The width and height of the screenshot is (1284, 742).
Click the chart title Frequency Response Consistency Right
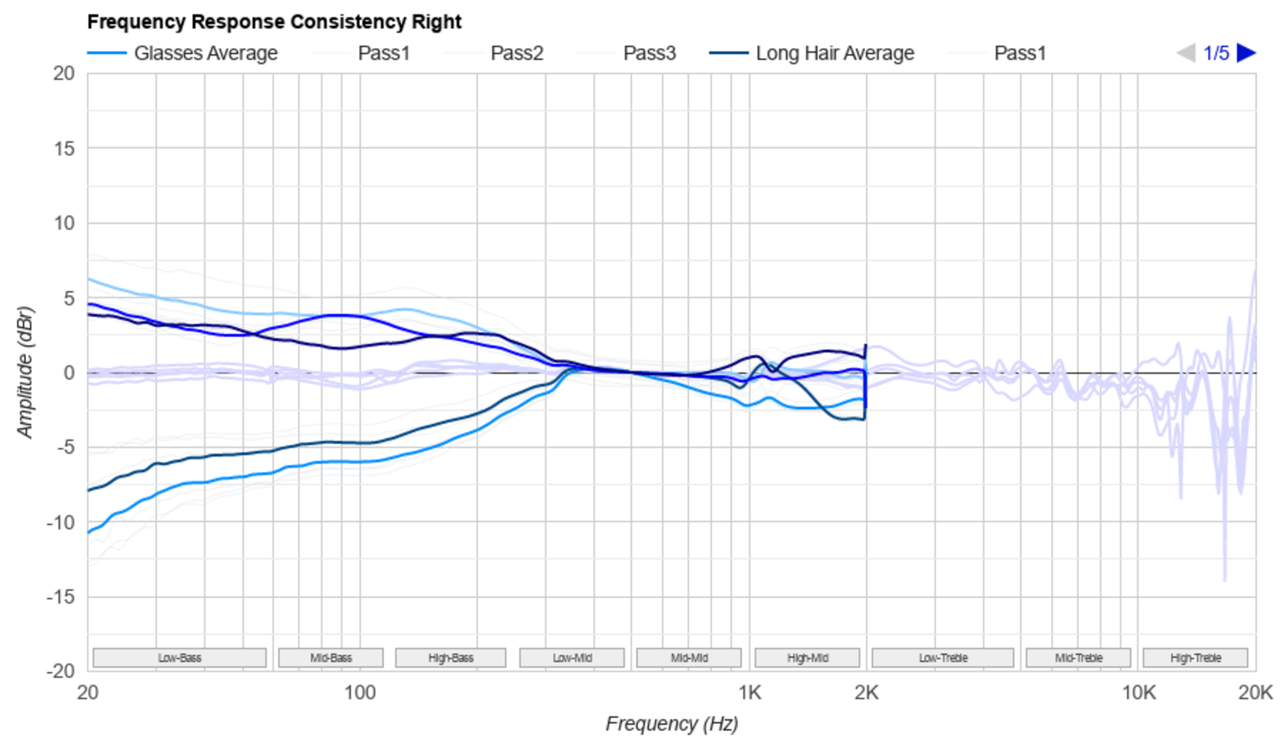click(274, 22)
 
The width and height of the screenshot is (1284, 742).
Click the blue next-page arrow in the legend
click(1246, 53)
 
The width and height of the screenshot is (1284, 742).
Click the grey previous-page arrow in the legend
click(1186, 53)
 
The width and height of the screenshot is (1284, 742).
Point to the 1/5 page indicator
click(1216, 53)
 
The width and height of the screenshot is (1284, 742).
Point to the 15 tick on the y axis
click(64, 149)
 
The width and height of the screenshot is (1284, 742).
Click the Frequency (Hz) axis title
click(671, 724)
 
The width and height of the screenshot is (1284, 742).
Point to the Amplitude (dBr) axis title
click(24, 372)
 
